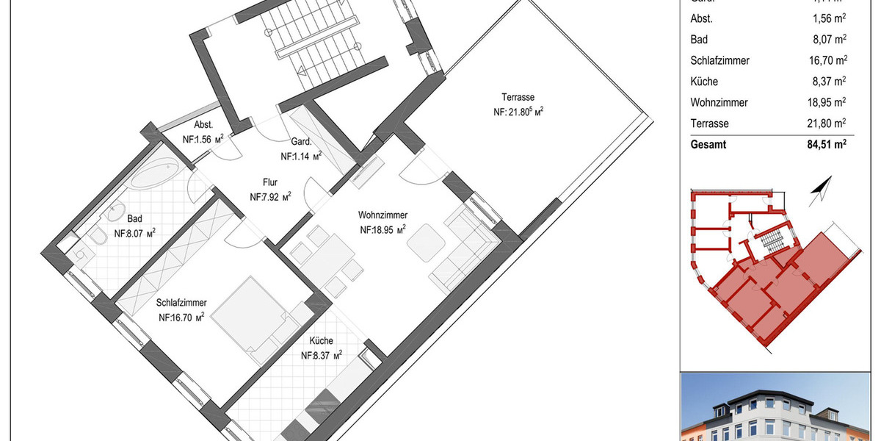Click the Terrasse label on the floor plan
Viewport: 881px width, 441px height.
point(518,97)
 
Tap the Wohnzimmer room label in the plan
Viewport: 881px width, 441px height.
point(383,215)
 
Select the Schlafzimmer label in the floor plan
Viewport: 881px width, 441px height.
point(181,303)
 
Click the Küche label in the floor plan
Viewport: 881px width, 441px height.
point(322,341)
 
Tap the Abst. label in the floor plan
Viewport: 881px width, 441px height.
point(203,124)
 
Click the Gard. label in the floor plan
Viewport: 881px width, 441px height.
point(301,142)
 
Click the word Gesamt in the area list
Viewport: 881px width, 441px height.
point(708,145)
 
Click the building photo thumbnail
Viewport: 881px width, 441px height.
point(780,408)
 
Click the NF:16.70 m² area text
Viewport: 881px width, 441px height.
point(181,318)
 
